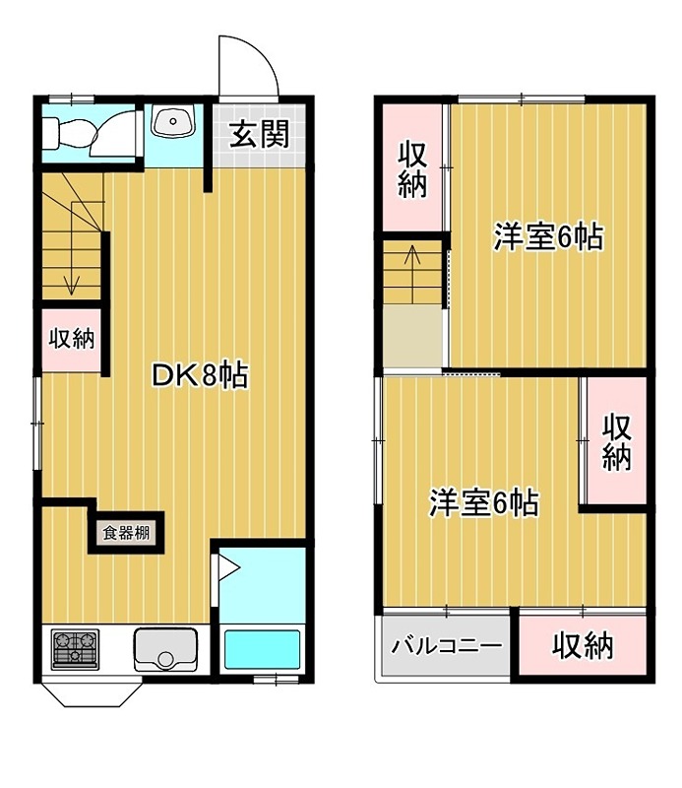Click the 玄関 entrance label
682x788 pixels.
[x=260, y=135]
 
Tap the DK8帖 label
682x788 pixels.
[x=200, y=374]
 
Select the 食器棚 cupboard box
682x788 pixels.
[x=127, y=533]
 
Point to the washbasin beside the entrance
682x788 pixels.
[x=174, y=125]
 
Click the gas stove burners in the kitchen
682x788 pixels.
[x=75, y=648]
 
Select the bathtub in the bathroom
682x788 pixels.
[x=261, y=649]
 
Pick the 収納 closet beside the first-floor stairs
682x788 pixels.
[x=72, y=339]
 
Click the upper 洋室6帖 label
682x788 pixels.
[x=548, y=237]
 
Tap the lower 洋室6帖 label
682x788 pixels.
[x=483, y=503]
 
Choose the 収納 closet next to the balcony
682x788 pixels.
[x=583, y=646]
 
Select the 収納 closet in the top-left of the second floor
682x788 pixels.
[x=412, y=168]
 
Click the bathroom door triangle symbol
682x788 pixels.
[x=226, y=567]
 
